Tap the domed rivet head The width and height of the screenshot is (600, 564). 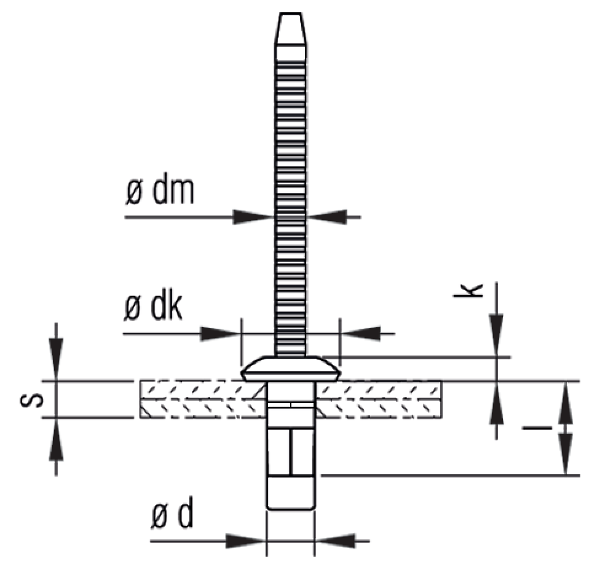pyautogui.click(x=290, y=369)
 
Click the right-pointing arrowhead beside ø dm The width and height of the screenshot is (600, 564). pyautogui.click(x=253, y=216)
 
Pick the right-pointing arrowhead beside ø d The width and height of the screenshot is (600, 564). pyautogui.click(x=245, y=541)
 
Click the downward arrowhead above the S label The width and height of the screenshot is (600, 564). pyautogui.click(x=57, y=362)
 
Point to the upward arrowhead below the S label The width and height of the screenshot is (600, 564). pyautogui.click(x=57, y=438)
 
